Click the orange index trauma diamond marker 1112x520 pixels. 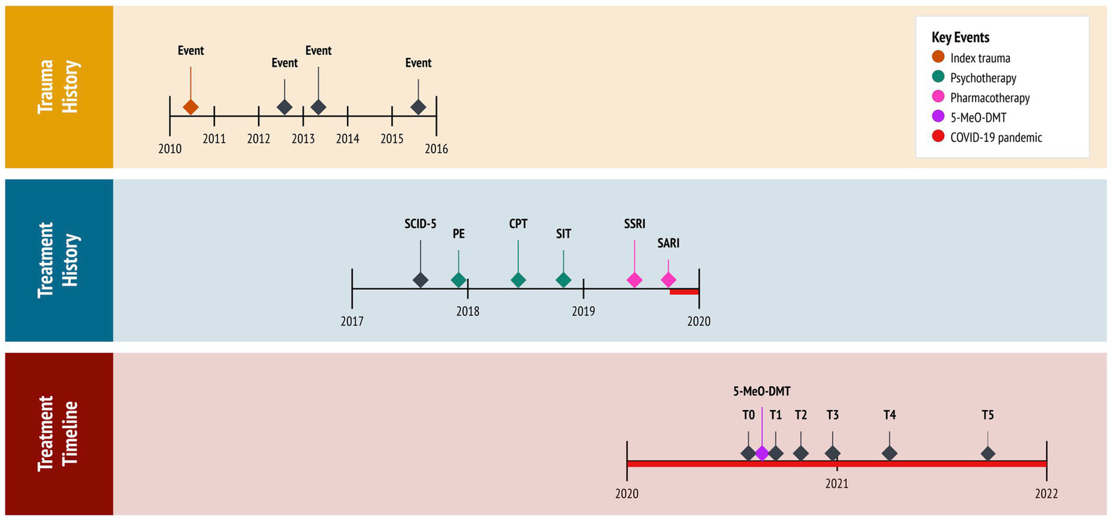pyautogui.click(x=191, y=107)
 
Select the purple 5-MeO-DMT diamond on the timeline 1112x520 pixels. pyautogui.click(x=761, y=453)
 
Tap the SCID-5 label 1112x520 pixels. pyautogui.click(x=420, y=224)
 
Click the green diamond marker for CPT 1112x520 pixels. pyautogui.click(x=518, y=280)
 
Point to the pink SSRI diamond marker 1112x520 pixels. pyautogui.click(x=634, y=280)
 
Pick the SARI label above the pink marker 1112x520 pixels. pyautogui.click(x=668, y=244)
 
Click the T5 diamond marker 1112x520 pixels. pyautogui.click(x=987, y=453)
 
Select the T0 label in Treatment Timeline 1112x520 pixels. pyautogui.click(x=748, y=415)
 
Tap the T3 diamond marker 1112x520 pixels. pyautogui.click(x=832, y=453)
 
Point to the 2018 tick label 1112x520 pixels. pyautogui.click(x=467, y=311)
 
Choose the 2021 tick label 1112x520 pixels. pyautogui.click(x=837, y=483)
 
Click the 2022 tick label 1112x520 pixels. pyautogui.click(x=1046, y=494)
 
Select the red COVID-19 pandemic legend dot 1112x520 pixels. pyautogui.click(x=938, y=137)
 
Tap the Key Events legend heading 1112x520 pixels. pyautogui.click(x=960, y=38)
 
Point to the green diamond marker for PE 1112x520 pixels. pyautogui.click(x=459, y=280)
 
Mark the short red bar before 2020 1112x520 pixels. pyautogui.click(x=684, y=292)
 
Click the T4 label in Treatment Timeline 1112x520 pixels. pyautogui.click(x=890, y=415)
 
